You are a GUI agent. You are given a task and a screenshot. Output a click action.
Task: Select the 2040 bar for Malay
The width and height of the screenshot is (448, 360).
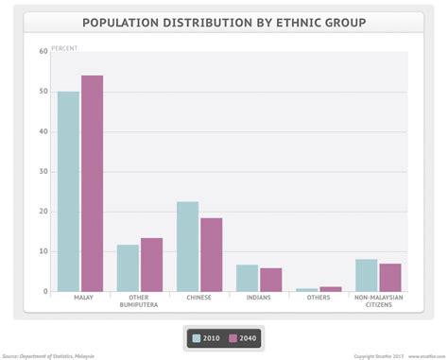coord(92,183)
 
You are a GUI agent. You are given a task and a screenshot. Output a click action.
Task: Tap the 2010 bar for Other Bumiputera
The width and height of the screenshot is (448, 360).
coord(128,268)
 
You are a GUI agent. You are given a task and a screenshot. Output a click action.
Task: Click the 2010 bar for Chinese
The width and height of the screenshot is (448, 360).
coord(187,247)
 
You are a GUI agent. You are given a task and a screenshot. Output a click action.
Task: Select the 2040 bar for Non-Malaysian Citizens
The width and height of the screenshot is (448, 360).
coord(389,278)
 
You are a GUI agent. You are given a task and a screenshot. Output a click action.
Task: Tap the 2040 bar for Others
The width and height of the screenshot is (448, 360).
coord(330,289)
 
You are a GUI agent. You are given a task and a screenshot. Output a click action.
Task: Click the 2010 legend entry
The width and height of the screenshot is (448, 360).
coord(207,337)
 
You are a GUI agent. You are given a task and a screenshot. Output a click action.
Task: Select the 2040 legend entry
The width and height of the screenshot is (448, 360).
coord(242,337)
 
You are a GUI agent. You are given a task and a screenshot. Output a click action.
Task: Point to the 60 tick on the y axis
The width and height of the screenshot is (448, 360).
coord(43,52)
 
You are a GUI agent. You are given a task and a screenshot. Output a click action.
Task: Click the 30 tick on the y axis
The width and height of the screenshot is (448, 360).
coord(43,172)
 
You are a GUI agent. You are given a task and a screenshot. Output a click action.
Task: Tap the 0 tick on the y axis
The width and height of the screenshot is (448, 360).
coord(45,292)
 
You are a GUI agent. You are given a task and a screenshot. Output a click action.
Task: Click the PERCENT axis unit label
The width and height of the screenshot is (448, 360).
coord(64,47)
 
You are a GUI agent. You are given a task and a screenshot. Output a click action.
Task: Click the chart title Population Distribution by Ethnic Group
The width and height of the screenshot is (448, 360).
coord(224,22)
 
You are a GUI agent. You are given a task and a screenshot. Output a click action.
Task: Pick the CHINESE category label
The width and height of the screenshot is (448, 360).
coord(199,299)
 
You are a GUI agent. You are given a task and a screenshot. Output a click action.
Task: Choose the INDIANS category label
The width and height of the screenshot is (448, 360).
coord(259,299)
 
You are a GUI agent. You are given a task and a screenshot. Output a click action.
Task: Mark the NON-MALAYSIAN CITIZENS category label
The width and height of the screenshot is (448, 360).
coord(378,302)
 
